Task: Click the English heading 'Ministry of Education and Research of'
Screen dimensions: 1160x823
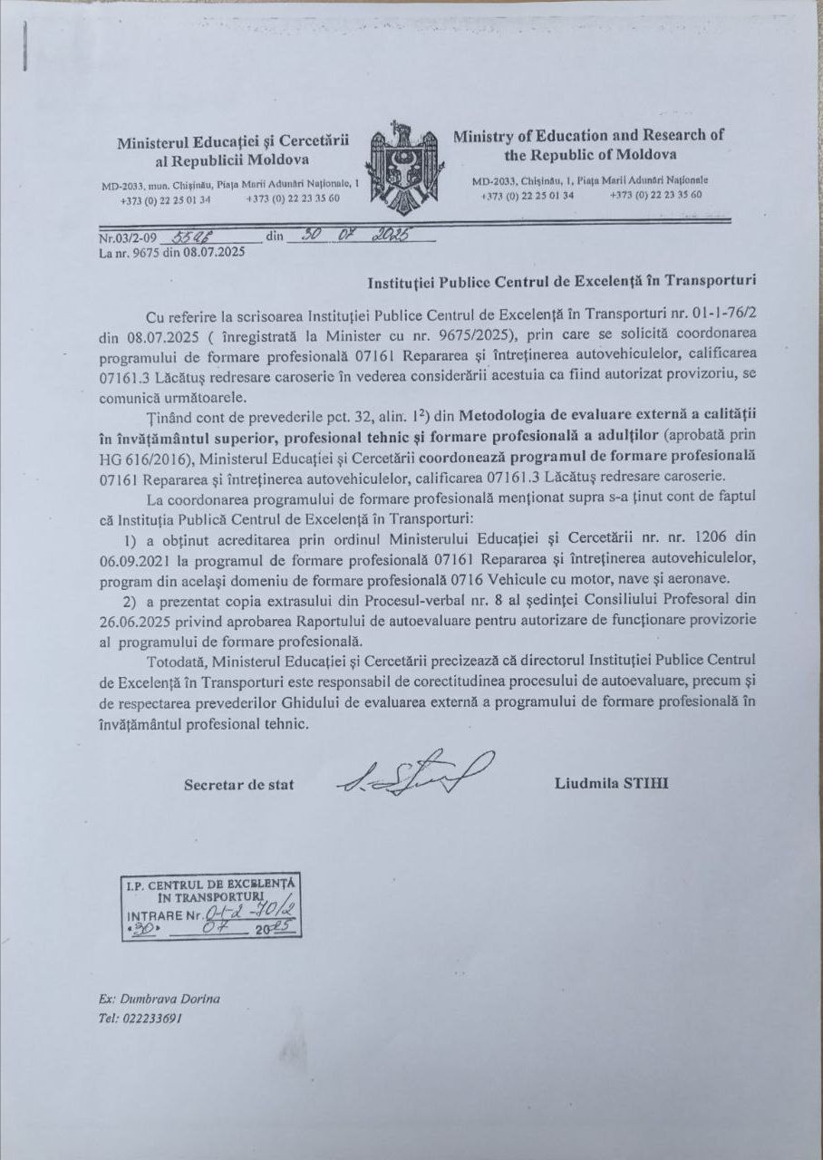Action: coord(589,136)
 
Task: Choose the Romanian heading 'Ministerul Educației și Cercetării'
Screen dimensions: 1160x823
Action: coord(233,142)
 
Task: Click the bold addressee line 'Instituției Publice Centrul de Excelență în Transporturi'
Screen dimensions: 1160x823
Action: coord(562,281)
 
